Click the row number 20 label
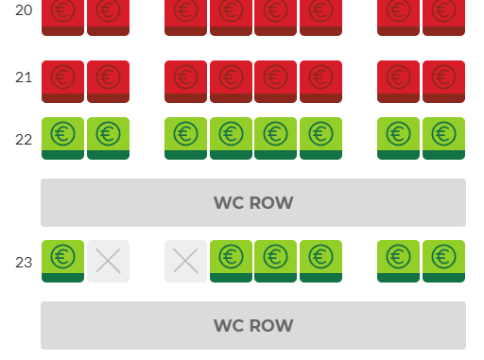click(24, 10)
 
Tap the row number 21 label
click(24, 77)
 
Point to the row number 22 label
click(24, 140)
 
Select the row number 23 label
click(24, 263)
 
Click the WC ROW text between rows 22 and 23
click(253, 202)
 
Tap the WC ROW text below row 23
click(253, 325)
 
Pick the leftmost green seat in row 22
click(62, 139)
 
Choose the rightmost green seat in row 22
click(443, 139)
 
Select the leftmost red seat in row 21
click(62, 81)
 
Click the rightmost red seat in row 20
click(443, 17)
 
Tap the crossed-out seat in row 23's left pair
click(108, 261)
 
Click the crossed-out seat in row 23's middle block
click(185, 261)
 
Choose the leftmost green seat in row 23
click(62, 261)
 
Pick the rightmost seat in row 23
click(443, 261)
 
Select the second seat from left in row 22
click(108, 139)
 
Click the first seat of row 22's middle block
click(185, 139)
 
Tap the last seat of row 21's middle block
click(320, 81)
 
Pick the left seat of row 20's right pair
click(398, 17)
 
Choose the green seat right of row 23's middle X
click(231, 261)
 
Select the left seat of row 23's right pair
click(398, 261)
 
